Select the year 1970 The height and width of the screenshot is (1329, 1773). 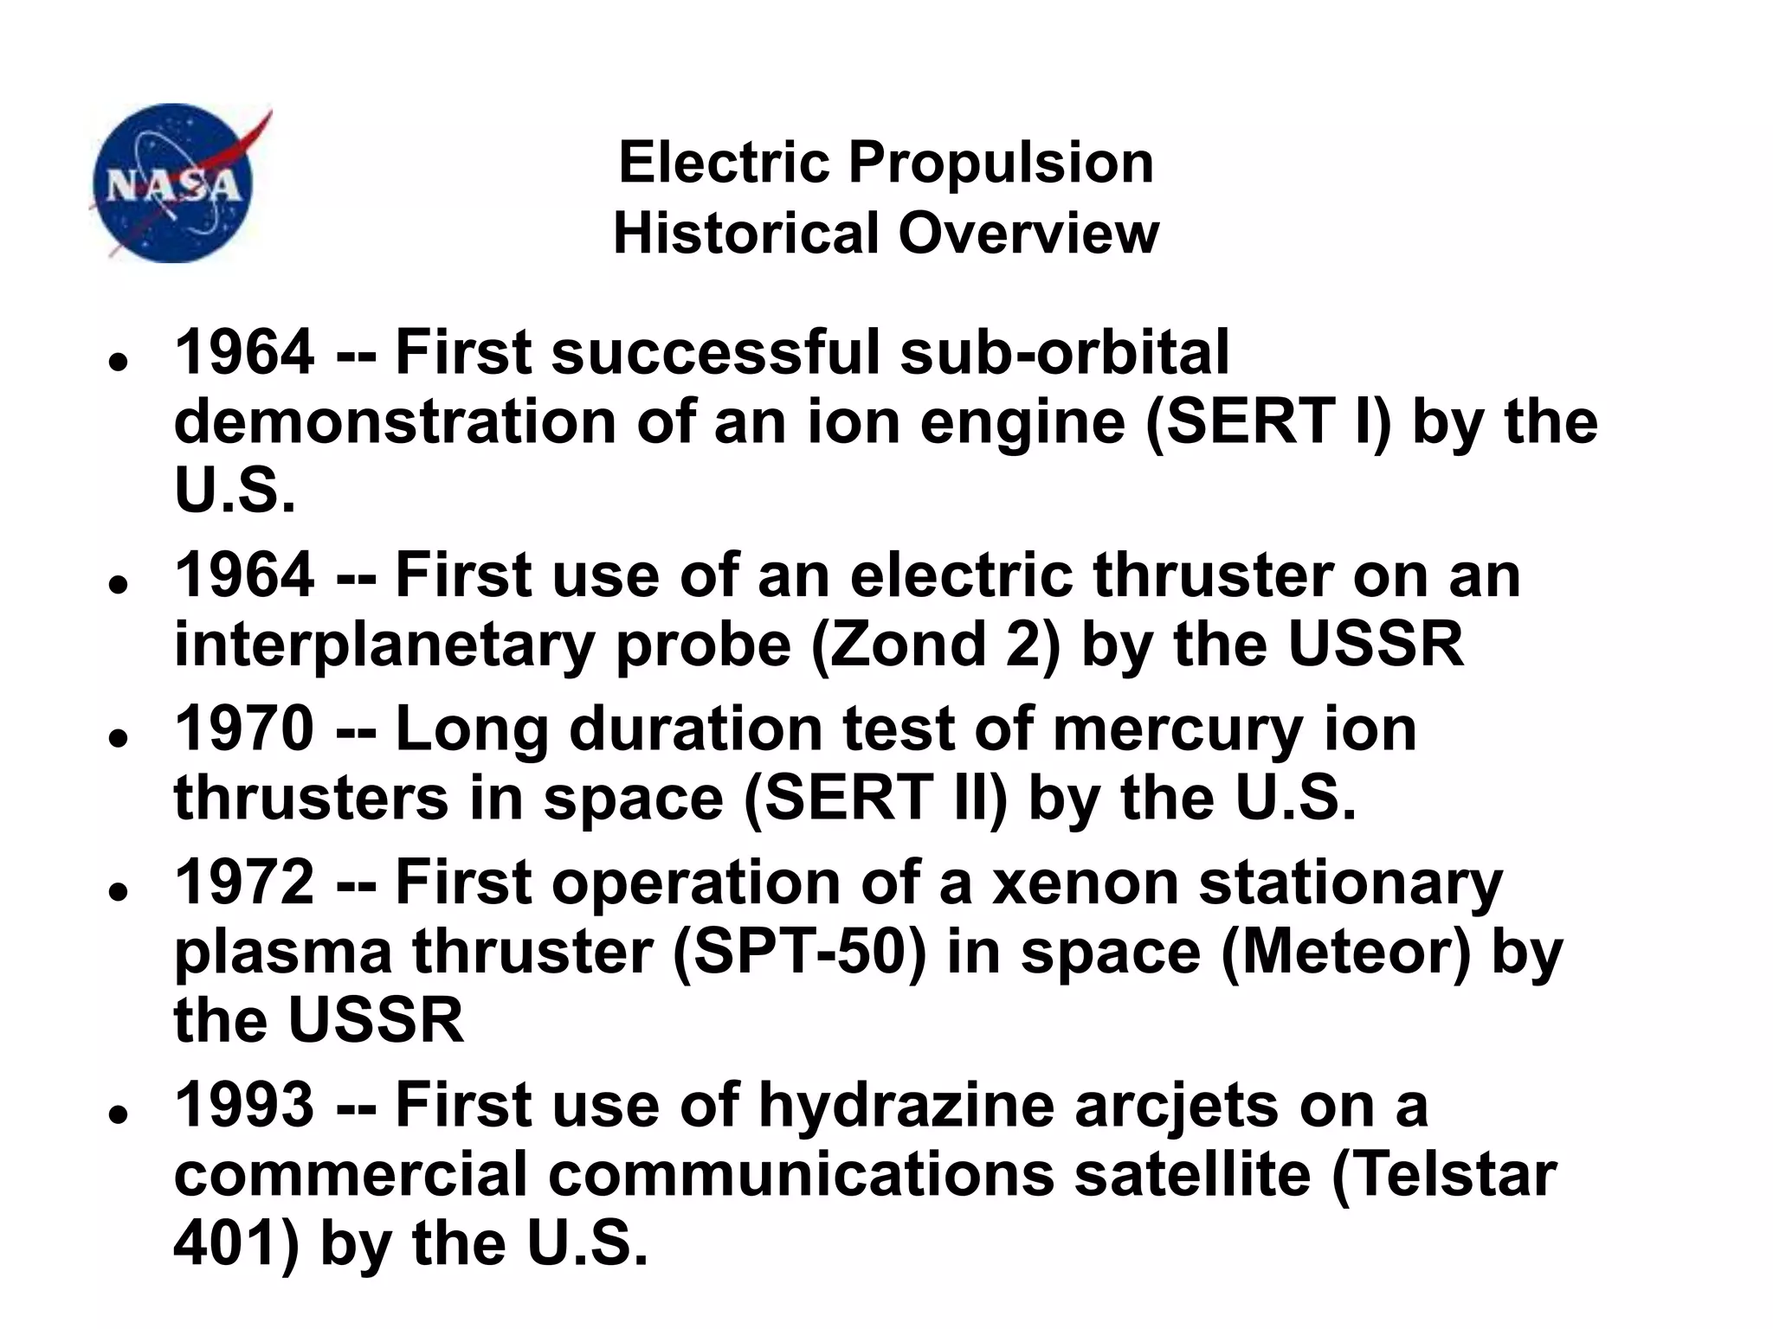[x=244, y=729]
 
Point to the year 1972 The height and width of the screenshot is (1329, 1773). [x=244, y=883]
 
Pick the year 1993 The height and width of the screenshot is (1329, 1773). [x=244, y=1105]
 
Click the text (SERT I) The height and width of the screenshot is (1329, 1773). [x=1267, y=422]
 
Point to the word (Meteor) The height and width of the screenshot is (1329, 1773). [x=1346, y=952]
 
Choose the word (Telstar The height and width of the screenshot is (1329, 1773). [x=1444, y=1174]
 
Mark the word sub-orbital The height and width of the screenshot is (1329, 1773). [x=1065, y=353]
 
